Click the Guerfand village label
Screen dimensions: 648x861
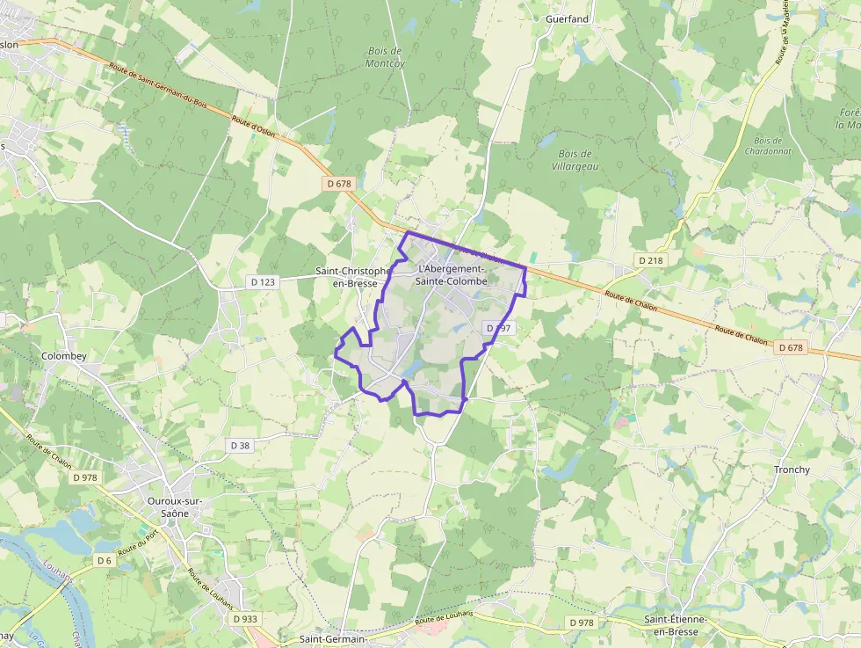568,18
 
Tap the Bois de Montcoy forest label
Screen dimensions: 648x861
384,57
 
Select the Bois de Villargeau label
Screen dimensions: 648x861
574,159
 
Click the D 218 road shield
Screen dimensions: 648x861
650,260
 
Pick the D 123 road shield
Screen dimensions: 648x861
263,282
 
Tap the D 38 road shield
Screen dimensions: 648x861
240,446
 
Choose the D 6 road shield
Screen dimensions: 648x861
105,560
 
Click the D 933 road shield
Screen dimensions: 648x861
246,619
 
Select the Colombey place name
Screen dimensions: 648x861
64,356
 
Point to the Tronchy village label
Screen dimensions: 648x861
792,470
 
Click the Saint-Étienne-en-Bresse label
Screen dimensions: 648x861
682,626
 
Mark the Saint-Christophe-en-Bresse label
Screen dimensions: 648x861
352,277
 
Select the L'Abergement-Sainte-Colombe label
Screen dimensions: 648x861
452,274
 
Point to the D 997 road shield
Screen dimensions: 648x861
498,328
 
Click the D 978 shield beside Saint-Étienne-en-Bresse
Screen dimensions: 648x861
581,623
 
